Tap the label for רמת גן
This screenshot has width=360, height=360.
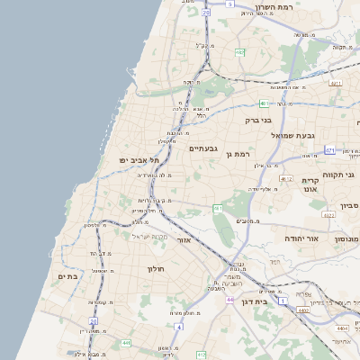pos(238,154)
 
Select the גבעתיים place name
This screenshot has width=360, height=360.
pos(204,148)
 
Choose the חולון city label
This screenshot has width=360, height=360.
pos(153,268)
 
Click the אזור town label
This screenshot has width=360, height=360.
pos(184,240)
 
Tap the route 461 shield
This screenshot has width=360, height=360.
pos(217,209)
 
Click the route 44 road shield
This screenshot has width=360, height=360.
pos(230,299)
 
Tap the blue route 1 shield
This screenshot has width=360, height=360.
pos(283,301)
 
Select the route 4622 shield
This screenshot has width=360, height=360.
pos(328,216)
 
